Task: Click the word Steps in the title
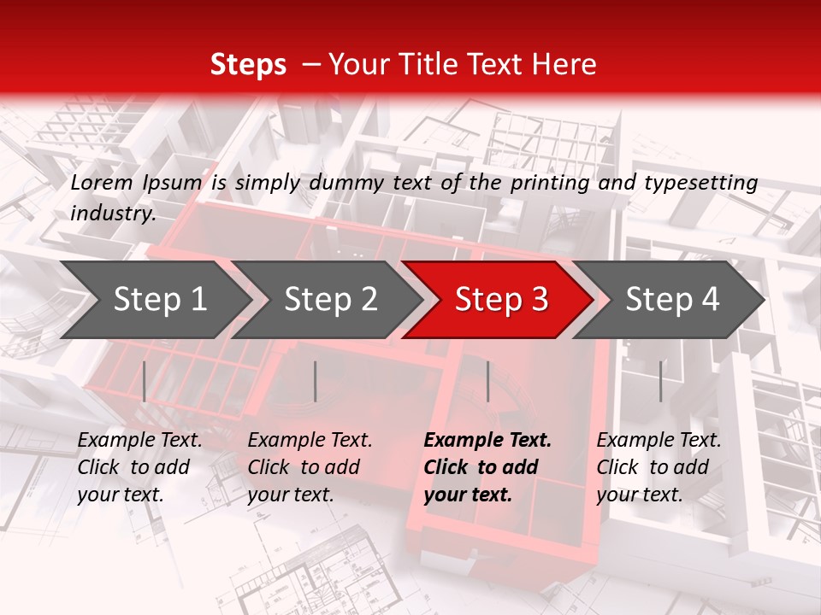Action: pos(248,65)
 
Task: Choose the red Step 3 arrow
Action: pos(501,300)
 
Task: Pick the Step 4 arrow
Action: pos(672,300)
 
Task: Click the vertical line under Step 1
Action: pos(145,381)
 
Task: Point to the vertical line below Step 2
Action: pos(316,381)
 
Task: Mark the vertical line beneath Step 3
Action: pos(487,381)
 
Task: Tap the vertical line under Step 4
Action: pos(660,381)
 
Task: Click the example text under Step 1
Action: pos(139,467)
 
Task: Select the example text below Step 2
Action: pos(310,467)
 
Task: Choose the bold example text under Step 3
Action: pos(487,467)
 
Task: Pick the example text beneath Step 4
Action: pos(659,467)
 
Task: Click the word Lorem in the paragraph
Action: pos(102,182)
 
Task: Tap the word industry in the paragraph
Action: pos(112,214)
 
